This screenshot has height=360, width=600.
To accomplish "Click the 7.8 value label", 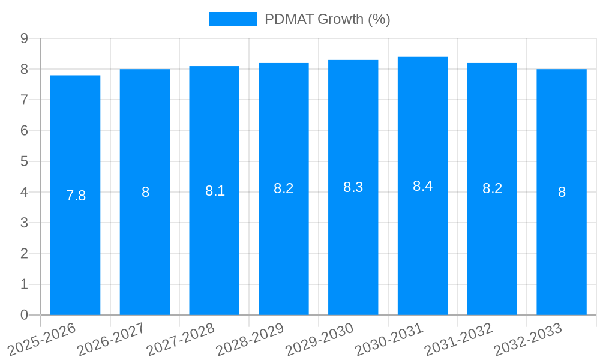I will click(x=76, y=196).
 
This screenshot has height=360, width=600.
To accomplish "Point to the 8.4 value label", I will click(x=422, y=186).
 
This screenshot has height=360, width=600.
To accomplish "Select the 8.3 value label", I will click(x=353, y=187).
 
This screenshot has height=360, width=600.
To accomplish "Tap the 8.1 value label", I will click(x=215, y=191).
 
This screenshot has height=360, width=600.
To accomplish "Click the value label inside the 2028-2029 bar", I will click(x=283, y=188).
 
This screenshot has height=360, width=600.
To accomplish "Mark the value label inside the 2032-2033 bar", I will click(x=562, y=192).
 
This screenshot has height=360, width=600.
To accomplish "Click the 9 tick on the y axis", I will click(x=24, y=38).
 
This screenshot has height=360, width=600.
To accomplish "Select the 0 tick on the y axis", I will click(x=24, y=315).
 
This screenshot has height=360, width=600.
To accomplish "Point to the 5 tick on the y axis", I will click(x=24, y=161).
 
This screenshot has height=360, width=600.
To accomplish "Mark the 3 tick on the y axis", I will click(x=24, y=223).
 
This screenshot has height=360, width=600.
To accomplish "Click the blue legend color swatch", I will click(x=233, y=19).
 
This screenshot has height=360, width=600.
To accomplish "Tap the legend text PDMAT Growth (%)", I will click(x=328, y=19).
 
